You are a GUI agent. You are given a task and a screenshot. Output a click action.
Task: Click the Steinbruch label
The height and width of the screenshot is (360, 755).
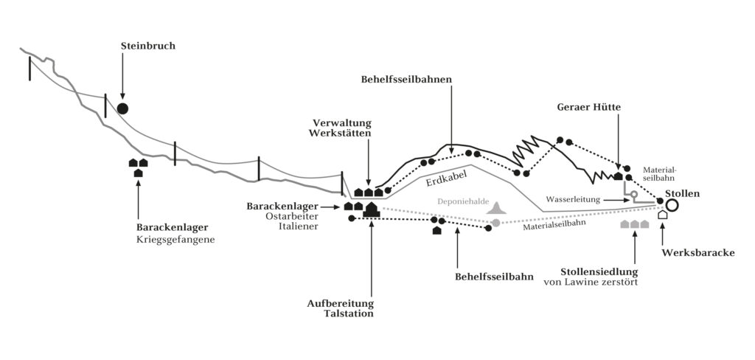click(148, 46)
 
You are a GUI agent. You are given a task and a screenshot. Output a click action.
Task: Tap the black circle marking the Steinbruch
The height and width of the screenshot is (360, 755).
click(122, 108)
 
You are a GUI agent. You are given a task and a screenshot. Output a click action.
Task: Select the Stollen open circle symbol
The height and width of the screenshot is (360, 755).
click(672, 204)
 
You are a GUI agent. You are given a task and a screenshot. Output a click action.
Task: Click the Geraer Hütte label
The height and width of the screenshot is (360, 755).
click(588, 107)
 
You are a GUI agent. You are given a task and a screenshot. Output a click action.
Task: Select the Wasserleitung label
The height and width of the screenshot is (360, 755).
click(573, 200)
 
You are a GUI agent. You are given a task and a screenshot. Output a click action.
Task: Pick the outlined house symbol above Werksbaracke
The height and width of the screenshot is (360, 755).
click(662, 215)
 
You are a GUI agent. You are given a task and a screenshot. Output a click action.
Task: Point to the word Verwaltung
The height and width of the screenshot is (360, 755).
click(342, 122)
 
